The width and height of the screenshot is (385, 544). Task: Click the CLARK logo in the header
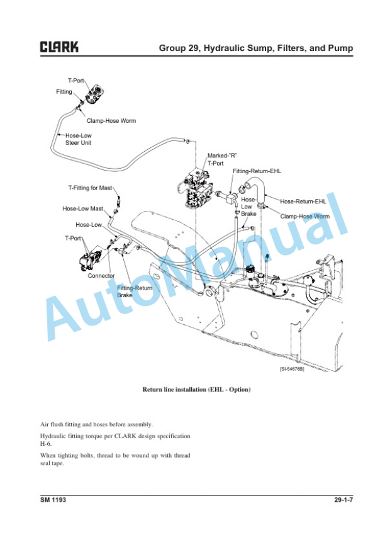60,47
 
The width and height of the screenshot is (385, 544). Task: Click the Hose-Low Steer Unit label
79,139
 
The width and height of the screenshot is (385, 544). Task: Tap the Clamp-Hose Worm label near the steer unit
111,121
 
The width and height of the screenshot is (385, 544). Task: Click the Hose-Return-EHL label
303,201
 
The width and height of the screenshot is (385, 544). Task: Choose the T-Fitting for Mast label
90,188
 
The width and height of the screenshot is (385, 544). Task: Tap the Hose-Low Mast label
82,208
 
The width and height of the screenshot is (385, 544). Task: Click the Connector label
101,276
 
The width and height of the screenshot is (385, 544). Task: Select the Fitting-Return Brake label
135,292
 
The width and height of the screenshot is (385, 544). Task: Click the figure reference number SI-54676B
292,370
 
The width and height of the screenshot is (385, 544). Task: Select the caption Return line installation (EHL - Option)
197,390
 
